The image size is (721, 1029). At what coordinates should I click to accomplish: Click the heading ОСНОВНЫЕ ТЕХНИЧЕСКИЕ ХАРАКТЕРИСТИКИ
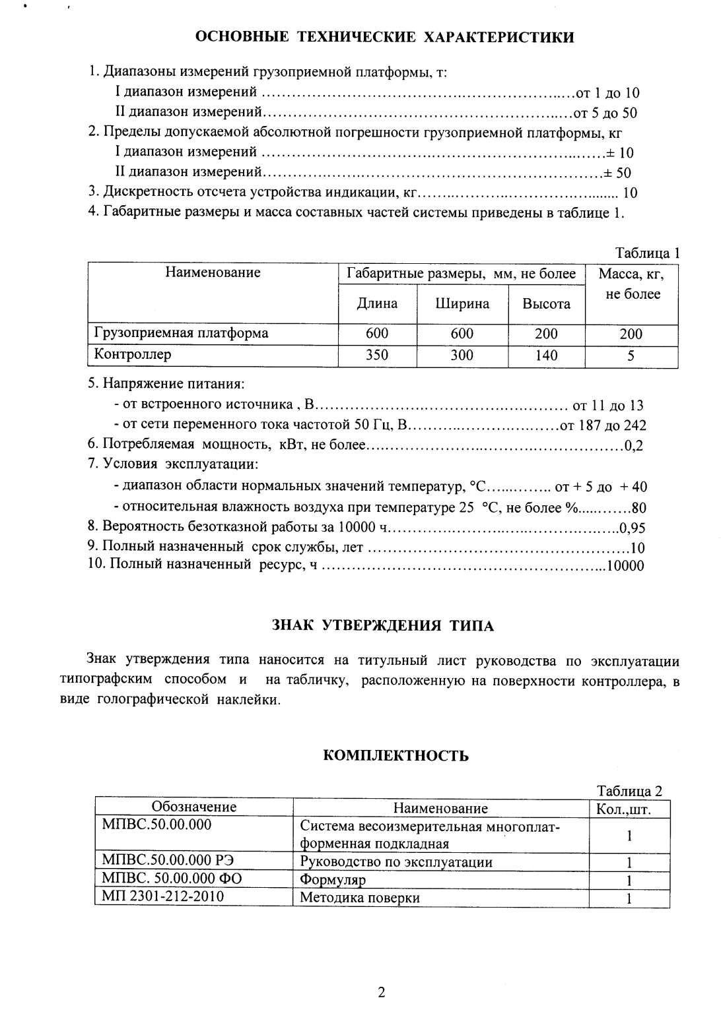pos(385,37)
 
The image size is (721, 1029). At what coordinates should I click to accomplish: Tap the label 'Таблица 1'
pos(647,253)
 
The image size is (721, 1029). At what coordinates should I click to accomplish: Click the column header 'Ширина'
pos(462,303)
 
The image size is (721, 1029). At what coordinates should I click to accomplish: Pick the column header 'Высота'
pos(546,303)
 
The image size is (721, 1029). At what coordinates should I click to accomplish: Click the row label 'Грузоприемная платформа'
pos(182,333)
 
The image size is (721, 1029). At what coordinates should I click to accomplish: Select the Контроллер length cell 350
pos(377,355)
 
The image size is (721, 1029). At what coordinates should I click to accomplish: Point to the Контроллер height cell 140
pos(546,355)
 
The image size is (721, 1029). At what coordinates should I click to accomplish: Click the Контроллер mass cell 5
pos(631,356)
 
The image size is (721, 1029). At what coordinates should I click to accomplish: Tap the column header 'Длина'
pos(377,303)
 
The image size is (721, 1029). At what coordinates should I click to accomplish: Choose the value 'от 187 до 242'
pos(603,425)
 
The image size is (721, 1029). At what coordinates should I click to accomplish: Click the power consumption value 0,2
pos(633,446)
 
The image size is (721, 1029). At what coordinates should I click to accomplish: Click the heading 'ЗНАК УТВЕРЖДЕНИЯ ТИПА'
pos(383,626)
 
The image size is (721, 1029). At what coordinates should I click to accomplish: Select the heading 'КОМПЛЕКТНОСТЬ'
pos(396,756)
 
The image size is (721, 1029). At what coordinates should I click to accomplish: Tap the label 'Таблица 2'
pos(629,791)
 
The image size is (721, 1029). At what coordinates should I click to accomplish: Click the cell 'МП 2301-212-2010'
pos(163,896)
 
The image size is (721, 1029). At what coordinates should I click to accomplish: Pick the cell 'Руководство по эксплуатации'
pos(395,861)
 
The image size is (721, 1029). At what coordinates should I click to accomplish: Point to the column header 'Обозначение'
pos(194,807)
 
